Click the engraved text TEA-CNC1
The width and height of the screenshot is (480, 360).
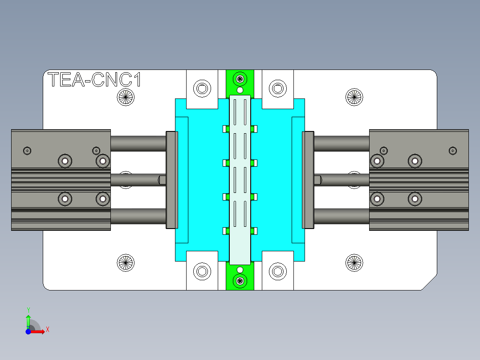[94, 80]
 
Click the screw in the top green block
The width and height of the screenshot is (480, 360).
[240, 79]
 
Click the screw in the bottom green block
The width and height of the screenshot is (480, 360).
[240, 280]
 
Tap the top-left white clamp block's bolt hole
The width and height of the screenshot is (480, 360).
[202, 88]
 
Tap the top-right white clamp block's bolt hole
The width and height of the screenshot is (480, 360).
[278, 88]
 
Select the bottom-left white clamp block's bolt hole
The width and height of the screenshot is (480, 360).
[202, 270]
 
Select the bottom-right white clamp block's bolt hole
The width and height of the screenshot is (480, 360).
[278, 270]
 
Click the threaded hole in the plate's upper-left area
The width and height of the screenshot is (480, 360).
[126, 96]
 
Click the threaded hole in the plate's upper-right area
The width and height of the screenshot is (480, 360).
[355, 96]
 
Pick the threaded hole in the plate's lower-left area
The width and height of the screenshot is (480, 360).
[126, 263]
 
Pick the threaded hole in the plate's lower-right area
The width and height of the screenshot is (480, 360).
[355, 263]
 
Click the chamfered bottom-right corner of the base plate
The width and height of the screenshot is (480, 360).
[429, 283]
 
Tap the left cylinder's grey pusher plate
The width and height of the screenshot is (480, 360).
[172, 180]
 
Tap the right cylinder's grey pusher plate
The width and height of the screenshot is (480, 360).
[308, 180]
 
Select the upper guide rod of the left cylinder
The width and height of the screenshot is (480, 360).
[138, 143]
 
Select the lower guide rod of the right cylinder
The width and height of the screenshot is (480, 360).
[342, 216]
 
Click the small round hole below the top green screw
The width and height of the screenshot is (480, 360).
[240, 90]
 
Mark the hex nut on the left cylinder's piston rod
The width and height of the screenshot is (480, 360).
[163, 180]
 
